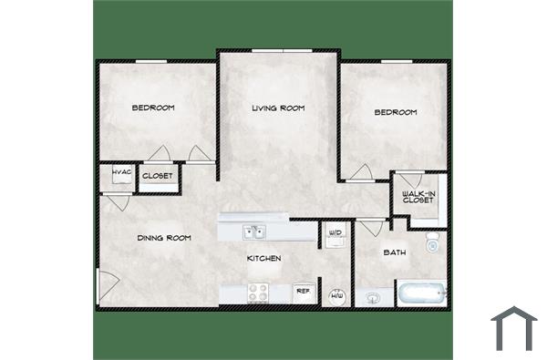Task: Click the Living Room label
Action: pos(278,108)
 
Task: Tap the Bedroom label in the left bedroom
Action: pos(153,108)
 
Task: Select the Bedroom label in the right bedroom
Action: pos(396,112)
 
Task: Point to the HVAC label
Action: pos(119,173)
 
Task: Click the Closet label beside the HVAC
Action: pos(157,176)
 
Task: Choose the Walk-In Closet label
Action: pos(418,196)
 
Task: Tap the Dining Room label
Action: pos(164,238)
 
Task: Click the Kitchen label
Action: pos(264,259)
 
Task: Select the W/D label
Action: pos(335,233)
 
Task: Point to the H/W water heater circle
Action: pos(335,295)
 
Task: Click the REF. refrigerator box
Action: pos(303,292)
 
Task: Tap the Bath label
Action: pos(394,252)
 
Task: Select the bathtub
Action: pos(420,293)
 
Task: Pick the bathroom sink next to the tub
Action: pos(371,295)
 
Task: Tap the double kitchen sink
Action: pos(253,232)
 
